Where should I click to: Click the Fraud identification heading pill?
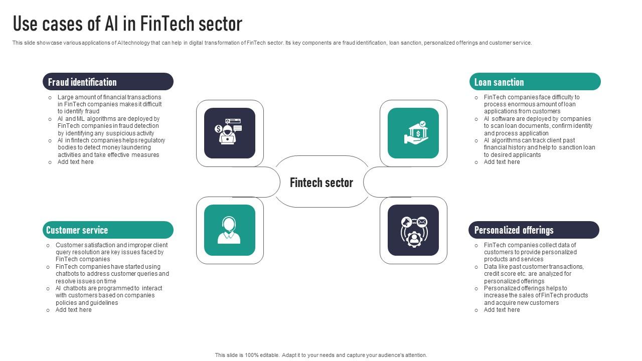[x=108, y=82]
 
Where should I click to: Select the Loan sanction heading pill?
[x=535, y=82]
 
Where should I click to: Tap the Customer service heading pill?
[x=108, y=230]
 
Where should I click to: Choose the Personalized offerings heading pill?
[x=534, y=230]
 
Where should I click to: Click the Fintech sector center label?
[x=322, y=183]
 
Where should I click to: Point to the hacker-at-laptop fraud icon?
[x=230, y=133]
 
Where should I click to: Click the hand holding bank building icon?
[x=413, y=133]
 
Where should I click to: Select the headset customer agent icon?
[x=230, y=230]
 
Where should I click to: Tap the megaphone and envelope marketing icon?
[x=413, y=230]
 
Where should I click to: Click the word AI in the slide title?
[x=111, y=24]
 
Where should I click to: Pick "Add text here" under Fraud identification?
[x=75, y=162]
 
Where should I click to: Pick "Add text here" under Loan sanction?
[x=502, y=162]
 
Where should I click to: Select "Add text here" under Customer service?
[x=73, y=310]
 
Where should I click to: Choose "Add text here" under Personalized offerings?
[x=502, y=310]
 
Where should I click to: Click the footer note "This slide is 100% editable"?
[x=321, y=355]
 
